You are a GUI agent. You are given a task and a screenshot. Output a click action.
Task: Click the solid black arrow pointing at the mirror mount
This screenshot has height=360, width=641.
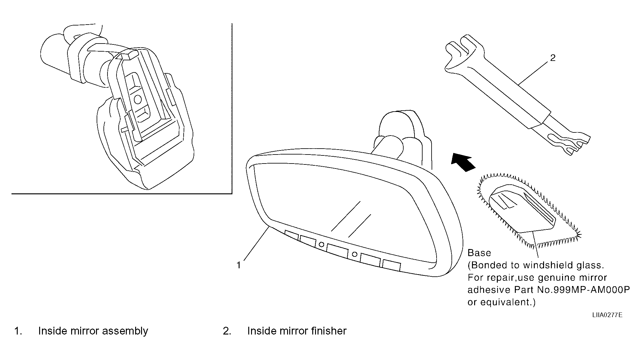(463, 162)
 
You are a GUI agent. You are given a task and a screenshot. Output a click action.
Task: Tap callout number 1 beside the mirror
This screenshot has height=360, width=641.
(239, 265)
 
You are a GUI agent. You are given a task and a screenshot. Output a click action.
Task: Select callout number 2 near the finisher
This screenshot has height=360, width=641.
(553, 58)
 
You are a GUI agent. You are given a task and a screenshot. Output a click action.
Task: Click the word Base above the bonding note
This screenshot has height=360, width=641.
(479, 253)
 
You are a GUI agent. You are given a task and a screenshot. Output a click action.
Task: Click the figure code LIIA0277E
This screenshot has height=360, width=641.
(607, 315)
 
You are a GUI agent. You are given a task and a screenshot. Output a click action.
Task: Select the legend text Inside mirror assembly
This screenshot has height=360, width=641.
(93, 331)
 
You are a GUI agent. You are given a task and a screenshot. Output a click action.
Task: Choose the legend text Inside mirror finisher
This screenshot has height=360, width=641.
(297, 331)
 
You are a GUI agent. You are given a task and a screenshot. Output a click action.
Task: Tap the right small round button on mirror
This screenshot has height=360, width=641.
(354, 254)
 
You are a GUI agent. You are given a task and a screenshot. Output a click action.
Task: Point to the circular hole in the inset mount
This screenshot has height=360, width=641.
(137, 99)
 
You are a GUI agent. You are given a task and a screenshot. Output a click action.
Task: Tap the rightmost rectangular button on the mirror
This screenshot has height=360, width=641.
(391, 265)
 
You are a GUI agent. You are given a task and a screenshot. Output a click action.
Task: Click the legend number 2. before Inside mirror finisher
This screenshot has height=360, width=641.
(227, 331)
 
